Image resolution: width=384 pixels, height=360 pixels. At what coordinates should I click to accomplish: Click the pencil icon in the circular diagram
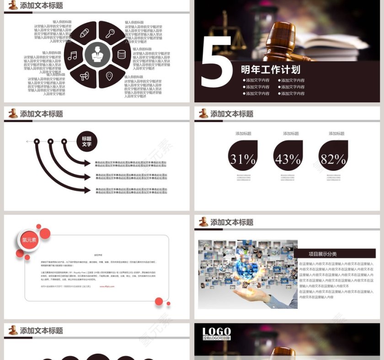click(84, 33)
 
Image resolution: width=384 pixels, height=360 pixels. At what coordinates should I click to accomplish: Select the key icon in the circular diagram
click(110, 33)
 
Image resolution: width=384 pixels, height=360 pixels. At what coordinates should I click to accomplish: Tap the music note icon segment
click(73, 55)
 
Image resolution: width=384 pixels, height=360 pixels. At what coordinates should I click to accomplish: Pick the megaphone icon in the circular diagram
click(84, 76)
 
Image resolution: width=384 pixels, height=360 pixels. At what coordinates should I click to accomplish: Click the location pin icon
click(109, 76)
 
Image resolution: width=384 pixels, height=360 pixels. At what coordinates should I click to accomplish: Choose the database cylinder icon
click(122, 54)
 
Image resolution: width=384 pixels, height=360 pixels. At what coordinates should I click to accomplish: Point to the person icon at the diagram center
click(97, 55)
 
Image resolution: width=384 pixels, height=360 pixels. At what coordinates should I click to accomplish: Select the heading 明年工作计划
click(271, 69)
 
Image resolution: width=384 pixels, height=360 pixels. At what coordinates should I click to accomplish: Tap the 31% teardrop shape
click(243, 156)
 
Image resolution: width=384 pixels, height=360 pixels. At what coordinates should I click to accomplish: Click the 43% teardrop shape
click(288, 156)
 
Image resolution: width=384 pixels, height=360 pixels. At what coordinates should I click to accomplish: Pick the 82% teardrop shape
click(333, 156)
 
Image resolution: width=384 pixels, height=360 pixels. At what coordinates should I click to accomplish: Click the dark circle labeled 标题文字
click(86, 141)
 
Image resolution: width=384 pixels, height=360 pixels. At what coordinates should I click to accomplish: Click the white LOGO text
click(217, 332)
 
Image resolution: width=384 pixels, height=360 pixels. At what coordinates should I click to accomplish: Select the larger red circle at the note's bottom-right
click(159, 301)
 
